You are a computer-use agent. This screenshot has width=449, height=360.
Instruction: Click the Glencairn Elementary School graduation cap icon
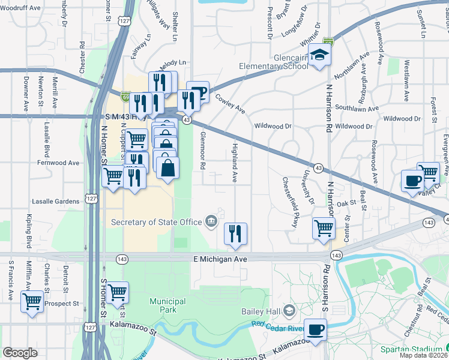coord(320,56)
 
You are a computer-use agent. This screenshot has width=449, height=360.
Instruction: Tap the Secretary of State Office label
coord(157,222)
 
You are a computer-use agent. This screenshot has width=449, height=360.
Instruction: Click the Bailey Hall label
coord(261,311)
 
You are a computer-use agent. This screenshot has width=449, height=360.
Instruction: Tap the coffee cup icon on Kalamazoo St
coord(315,329)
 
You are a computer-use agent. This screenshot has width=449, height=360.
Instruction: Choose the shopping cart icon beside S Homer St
coord(118,292)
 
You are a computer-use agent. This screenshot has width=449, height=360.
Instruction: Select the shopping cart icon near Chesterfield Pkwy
coord(324,228)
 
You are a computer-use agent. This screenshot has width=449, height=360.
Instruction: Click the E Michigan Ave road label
coord(220,259)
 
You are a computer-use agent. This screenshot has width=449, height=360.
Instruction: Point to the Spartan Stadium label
coord(411,349)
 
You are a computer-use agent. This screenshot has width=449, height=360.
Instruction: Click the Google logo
coord(20,353)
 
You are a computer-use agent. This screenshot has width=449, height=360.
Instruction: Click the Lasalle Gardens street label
coord(58,202)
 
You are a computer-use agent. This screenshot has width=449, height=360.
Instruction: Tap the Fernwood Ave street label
coord(58,163)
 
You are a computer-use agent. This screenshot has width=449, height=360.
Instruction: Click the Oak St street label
coord(346,204)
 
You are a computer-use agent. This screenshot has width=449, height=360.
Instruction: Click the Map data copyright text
coord(424,355)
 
